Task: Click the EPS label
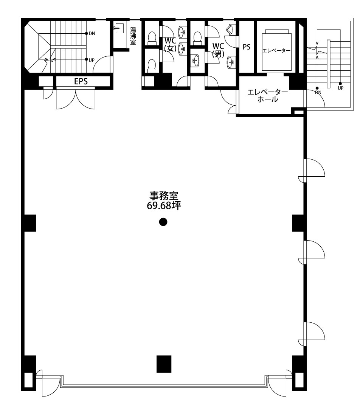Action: tap(81, 81)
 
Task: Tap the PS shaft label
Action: tap(246, 47)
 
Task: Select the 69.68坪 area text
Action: tap(164, 206)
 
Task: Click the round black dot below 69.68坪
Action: tap(163, 222)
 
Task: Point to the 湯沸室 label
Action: tap(133, 36)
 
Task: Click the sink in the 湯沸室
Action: tap(119, 28)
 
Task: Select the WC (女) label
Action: tap(170, 45)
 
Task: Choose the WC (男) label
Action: tap(218, 50)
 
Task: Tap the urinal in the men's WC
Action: tap(231, 29)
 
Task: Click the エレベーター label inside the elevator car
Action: tap(276, 50)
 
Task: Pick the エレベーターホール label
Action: tap(268, 96)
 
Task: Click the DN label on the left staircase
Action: tap(92, 33)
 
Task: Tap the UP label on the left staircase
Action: tap(92, 60)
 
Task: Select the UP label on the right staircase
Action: tap(340, 88)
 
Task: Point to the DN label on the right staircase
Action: tap(318, 92)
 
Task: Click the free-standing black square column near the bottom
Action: tap(164, 364)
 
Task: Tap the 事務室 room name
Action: tap(164, 196)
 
